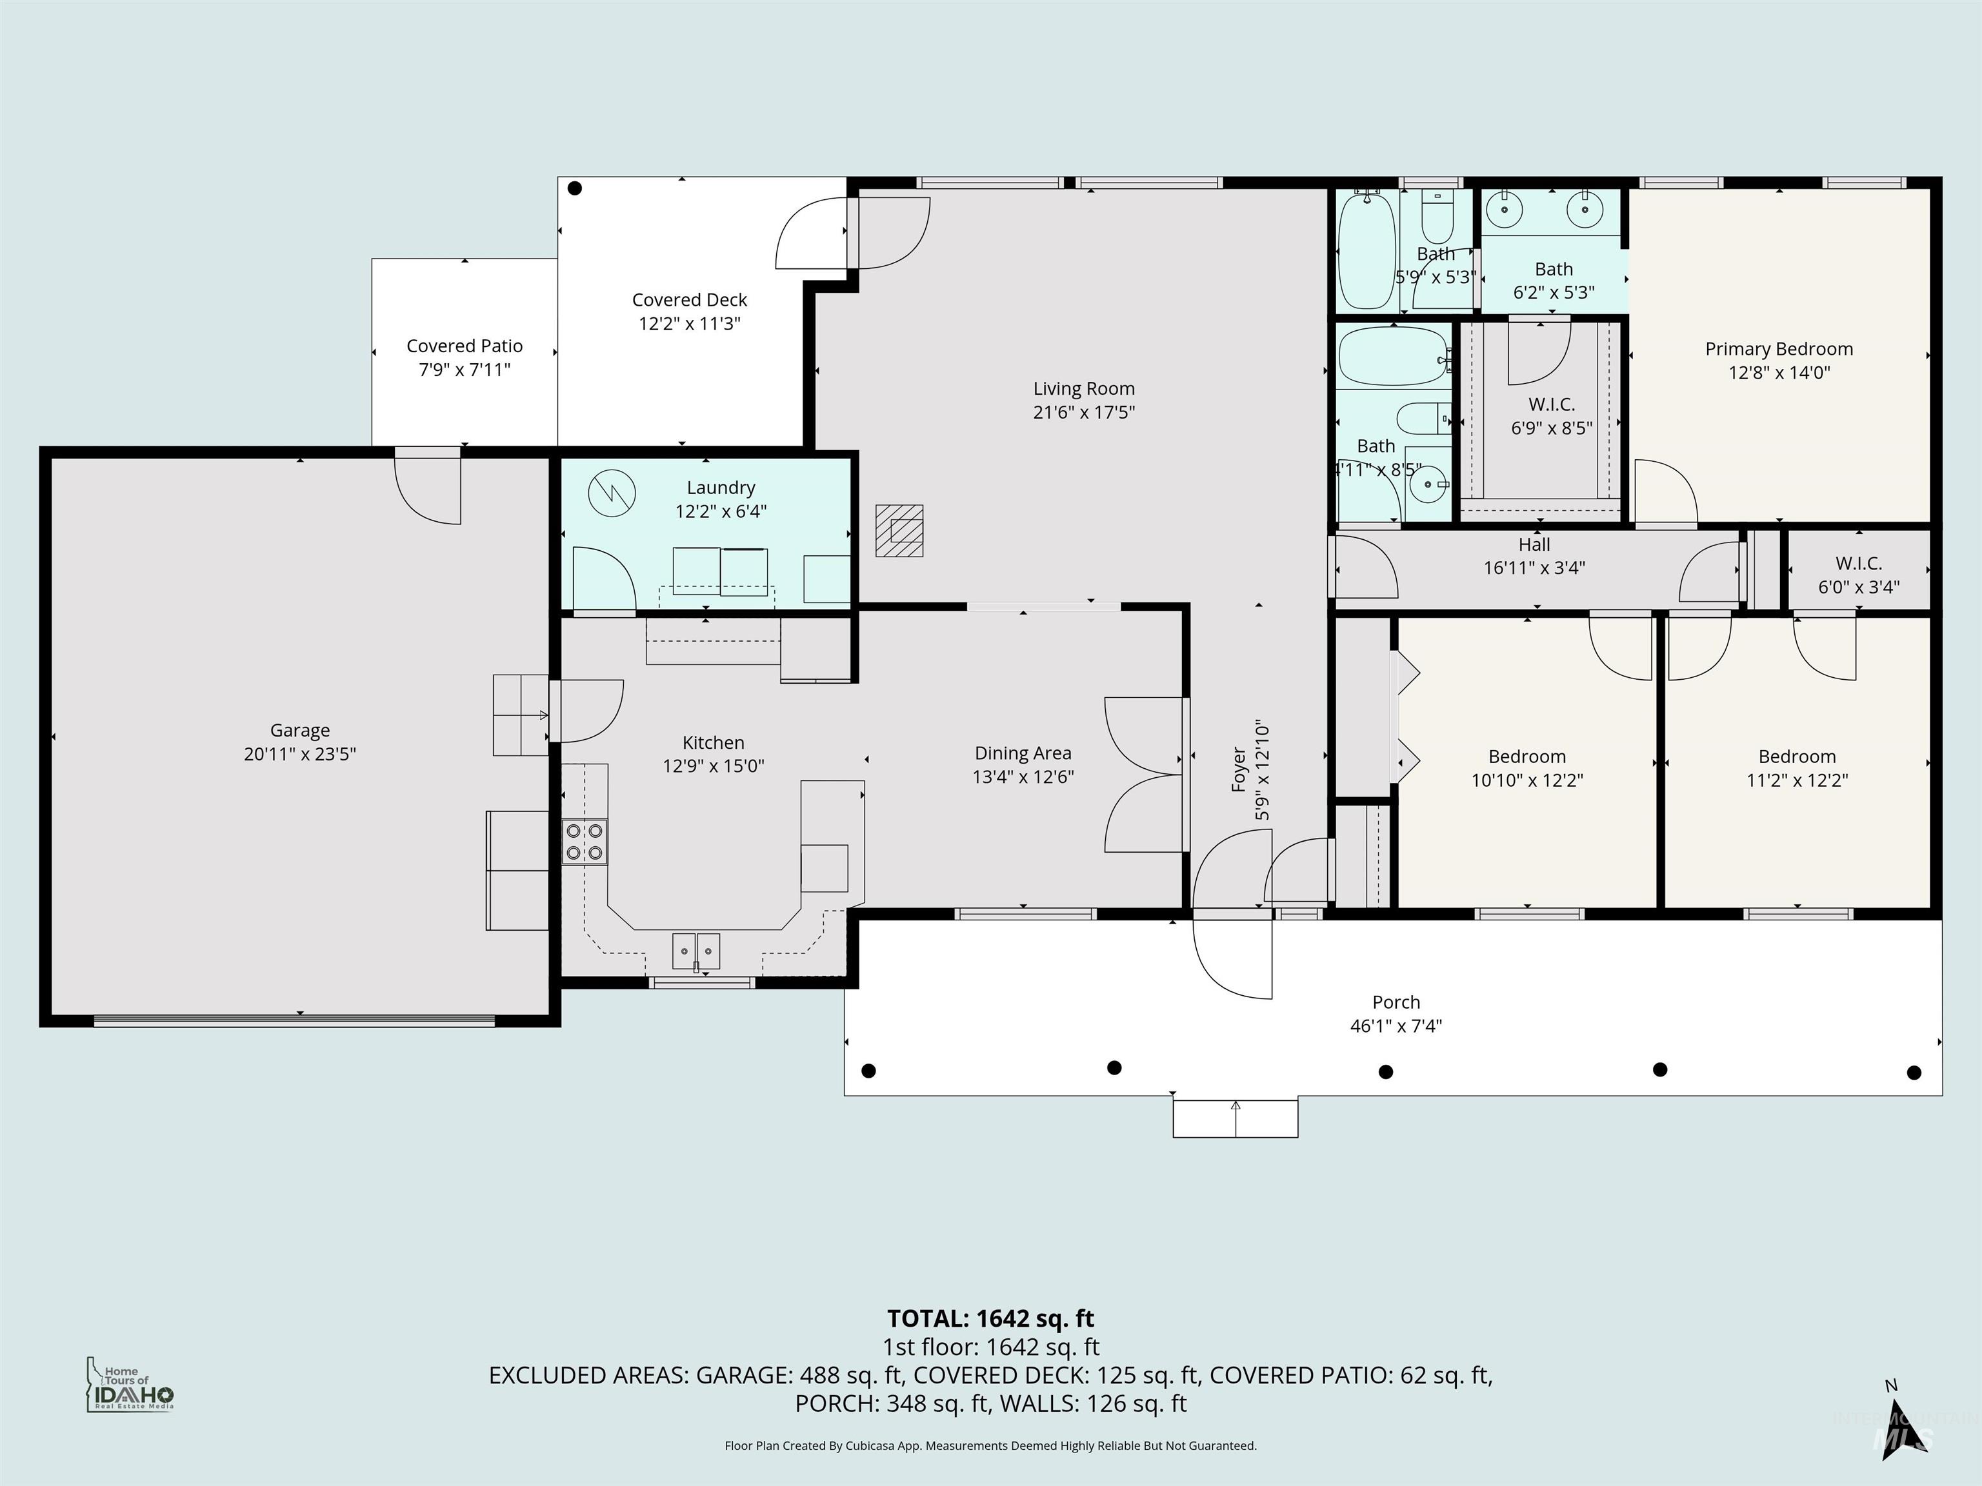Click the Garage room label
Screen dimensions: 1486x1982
[299, 731]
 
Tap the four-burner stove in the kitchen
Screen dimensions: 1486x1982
[584, 842]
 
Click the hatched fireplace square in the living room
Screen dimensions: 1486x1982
[899, 530]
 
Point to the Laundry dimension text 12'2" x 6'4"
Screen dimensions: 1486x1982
[721, 511]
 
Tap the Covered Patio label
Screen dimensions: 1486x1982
[464, 346]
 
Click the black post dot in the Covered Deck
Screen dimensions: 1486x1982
[576, 188]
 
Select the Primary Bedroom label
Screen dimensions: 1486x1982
[1779, 350]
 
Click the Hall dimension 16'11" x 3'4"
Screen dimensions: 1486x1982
[1534, 568]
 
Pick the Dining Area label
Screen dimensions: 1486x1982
[1023, 753]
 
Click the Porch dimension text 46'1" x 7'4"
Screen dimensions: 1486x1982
[1395, 1025]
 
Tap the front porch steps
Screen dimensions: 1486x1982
[1235, 1119]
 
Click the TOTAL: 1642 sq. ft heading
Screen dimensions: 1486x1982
[990, 1318]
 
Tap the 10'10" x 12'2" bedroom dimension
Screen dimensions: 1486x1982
[1527, 780]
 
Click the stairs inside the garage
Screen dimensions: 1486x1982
[521, 715]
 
